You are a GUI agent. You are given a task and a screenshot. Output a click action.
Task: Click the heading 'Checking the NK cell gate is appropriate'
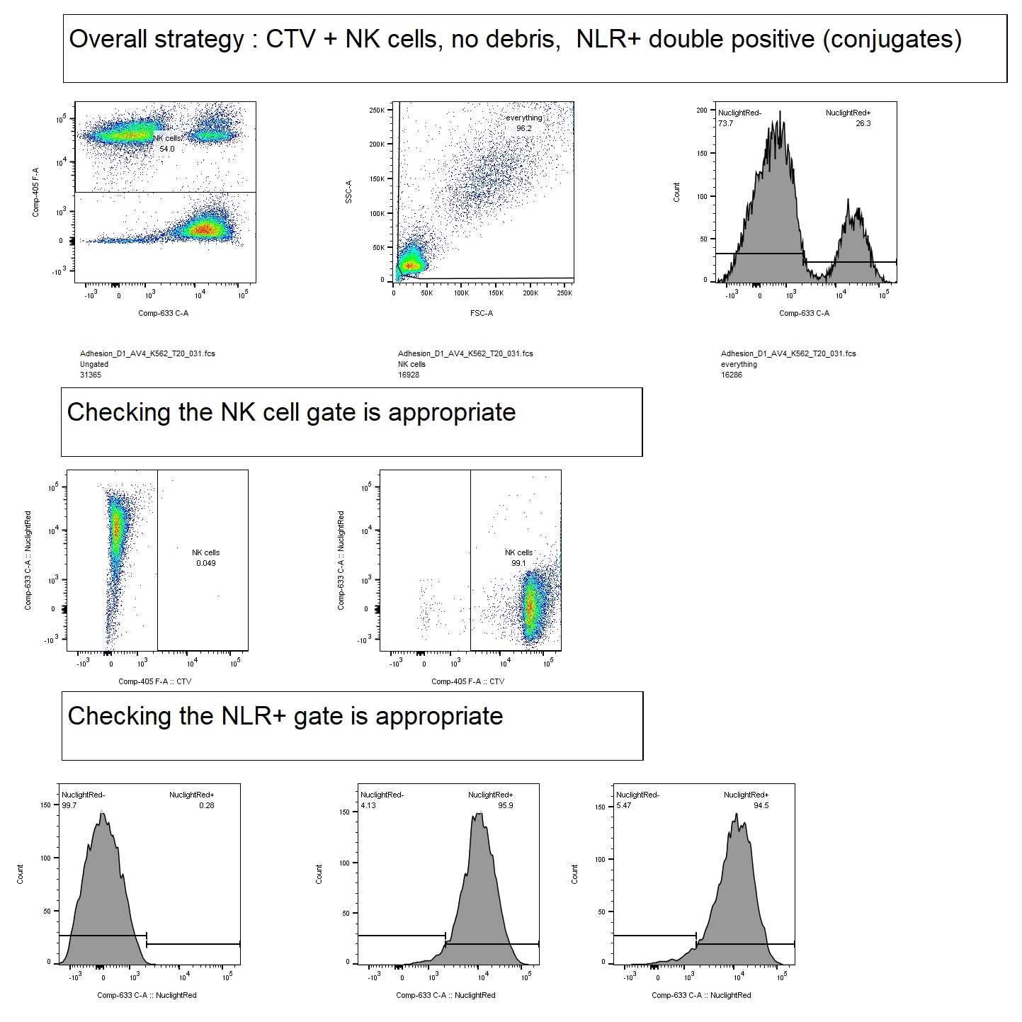(x=291, y=412)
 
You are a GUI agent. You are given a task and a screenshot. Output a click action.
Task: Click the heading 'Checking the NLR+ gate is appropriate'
(x=285, y=716)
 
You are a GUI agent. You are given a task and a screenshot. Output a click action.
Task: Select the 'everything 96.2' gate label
(x=523, y=123)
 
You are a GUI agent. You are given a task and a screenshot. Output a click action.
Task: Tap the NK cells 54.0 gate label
(x=167, y=144)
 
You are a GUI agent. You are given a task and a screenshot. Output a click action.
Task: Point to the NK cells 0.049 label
(x=206, y=558)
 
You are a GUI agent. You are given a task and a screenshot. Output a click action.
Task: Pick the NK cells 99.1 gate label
(x=518, y=558)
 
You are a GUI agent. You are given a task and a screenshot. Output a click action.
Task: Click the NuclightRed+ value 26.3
(x=863, y=123)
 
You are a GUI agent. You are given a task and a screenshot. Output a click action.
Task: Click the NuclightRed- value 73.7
(x=725, y=123)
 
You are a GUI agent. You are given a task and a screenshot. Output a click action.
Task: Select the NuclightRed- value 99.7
(x=69, y=805)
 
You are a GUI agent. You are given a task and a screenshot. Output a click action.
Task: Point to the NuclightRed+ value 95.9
(x=505, y=805)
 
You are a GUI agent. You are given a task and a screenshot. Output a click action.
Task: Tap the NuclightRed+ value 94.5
(x=761, y=805)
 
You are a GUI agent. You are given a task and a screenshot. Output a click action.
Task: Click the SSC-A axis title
(x=348, y=192)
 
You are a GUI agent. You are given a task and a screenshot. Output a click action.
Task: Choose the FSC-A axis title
(x=482, y=313)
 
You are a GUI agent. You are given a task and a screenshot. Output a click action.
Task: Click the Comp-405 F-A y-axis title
(x=36, y=192)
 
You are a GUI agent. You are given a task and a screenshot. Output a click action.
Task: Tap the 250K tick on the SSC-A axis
(x=377, y=110)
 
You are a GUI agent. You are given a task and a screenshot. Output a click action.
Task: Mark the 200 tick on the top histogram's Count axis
(x=701, y=110)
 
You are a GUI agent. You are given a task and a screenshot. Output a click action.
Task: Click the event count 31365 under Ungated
(x=91, y=375)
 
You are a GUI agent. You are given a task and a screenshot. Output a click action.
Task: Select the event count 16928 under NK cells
(x=409, y=375)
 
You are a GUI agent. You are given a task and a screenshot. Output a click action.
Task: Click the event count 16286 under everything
(x=732, y=375)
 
